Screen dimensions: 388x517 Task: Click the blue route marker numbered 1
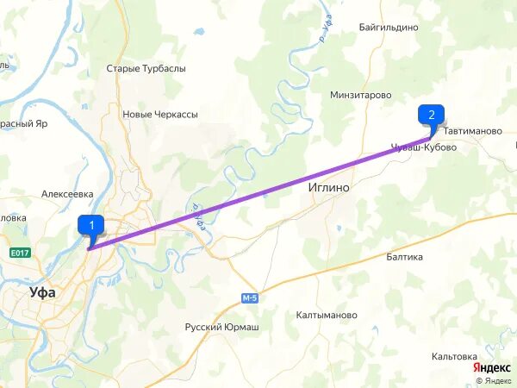point(91,225)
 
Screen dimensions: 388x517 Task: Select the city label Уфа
point(42,292)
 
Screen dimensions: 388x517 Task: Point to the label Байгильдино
point(389,27)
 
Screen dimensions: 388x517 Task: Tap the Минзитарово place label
point(360,95)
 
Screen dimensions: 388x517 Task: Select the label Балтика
point(404,257)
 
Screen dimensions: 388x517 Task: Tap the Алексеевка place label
point(67,195)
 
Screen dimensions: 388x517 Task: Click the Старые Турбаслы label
point(146,68)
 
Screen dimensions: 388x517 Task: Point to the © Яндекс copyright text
point(493,380)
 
